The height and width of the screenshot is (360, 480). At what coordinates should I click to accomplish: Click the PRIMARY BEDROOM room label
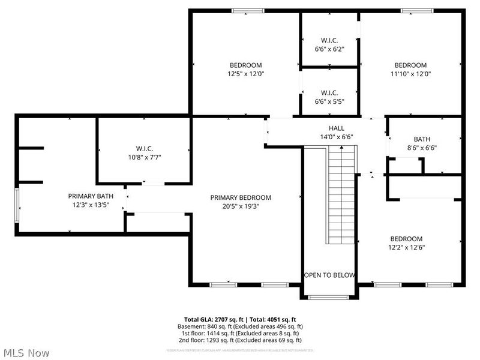240,197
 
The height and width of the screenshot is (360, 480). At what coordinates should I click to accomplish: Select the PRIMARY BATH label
91,196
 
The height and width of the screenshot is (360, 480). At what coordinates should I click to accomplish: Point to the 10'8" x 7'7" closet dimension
144,157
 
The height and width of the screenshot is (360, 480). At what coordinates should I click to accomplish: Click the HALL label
336,128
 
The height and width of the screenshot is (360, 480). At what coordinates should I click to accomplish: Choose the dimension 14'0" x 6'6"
336,137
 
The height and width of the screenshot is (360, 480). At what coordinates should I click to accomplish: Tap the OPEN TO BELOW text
329,275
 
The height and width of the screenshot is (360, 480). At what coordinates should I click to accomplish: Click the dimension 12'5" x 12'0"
245,74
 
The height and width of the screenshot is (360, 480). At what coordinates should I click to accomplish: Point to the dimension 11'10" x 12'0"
410,74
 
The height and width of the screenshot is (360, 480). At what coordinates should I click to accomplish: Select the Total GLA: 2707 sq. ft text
215,319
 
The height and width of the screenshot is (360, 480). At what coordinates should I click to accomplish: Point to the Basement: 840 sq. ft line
240,326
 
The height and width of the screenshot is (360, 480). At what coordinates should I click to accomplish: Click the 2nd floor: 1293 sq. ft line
240,340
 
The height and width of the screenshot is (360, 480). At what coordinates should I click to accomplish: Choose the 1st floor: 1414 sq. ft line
240,333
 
